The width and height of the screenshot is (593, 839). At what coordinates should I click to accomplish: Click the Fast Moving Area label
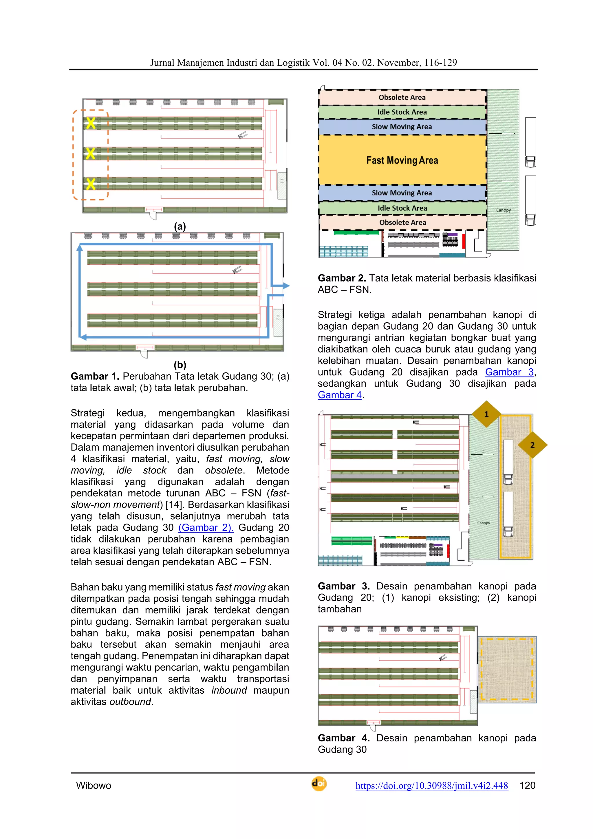(x=402, y=160)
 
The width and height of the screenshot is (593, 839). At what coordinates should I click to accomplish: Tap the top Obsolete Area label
(x=402, y=97)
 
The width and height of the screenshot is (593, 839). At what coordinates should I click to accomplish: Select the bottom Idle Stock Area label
(x=402, y=208)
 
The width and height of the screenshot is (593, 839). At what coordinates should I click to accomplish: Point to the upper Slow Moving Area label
(x=402, y=127)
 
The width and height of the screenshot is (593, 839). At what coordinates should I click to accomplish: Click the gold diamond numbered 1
(x=486, y=414)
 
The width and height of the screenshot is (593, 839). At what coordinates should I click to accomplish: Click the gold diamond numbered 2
(x=532, y=445)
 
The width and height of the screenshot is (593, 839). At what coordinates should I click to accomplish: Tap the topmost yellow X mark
(x=91, y=123)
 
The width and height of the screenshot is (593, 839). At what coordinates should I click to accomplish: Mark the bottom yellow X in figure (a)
(x=91, y=184)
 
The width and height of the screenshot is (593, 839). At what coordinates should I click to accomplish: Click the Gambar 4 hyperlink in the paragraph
(x=339, y=395)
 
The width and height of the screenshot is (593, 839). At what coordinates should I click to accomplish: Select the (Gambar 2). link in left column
(x=206, y=528)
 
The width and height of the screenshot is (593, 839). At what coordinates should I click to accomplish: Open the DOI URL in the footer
(x=431, y=785)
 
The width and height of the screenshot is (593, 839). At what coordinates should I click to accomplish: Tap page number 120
(x=527, y=785)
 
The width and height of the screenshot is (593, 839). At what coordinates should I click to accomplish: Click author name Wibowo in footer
(x=94, y=785)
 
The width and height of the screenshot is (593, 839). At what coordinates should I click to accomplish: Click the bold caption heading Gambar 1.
(x=95, y=376)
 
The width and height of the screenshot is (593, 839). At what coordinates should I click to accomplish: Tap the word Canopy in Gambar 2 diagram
(x=504, y=210)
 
